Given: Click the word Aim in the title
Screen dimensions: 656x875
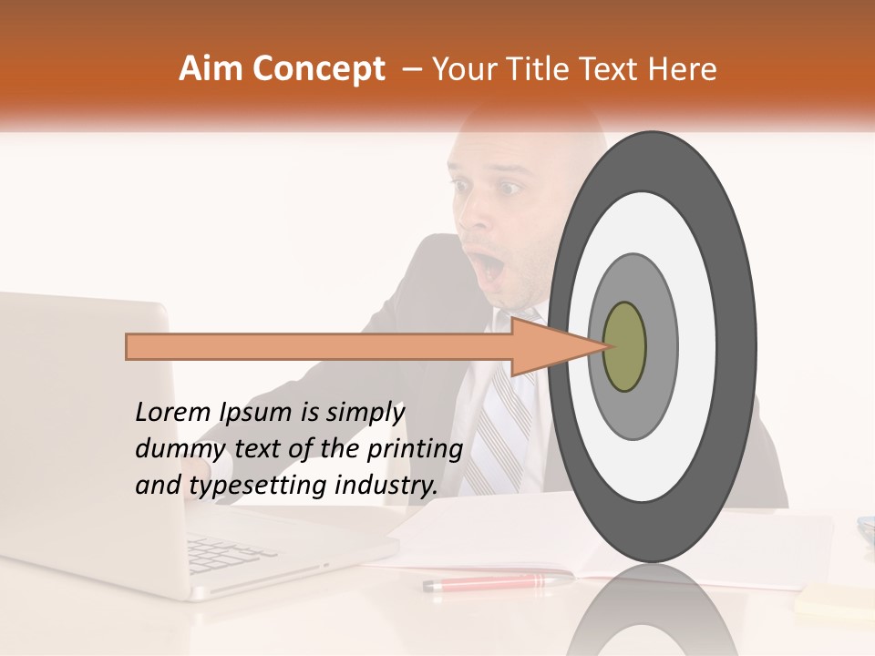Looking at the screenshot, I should [x=211, y=69].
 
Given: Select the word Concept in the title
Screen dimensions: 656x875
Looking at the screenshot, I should [x=318, y=69].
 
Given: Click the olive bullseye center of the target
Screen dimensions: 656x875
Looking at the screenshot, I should [x=624, y=346].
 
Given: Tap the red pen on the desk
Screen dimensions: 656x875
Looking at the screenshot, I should [x=497, y=581].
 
